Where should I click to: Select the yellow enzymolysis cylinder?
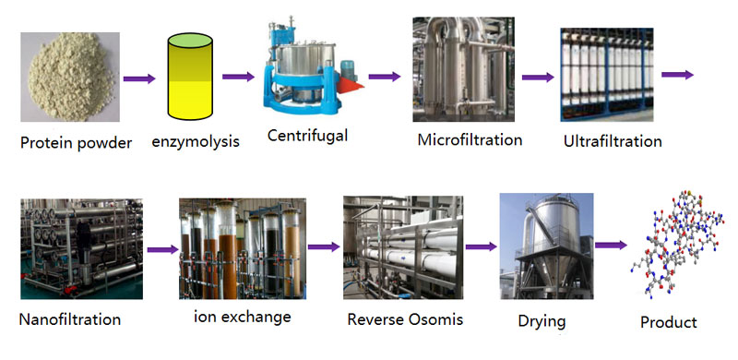pos(191,78)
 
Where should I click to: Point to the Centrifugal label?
pos(307,136)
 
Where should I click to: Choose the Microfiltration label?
pos(470,140)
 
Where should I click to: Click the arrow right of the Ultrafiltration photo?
pos(678,75)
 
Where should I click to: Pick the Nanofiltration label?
pos(70,320)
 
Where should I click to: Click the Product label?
pos(669,322)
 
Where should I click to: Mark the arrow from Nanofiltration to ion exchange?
pos(161,249)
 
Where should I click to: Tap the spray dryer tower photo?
pos(541,244)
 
